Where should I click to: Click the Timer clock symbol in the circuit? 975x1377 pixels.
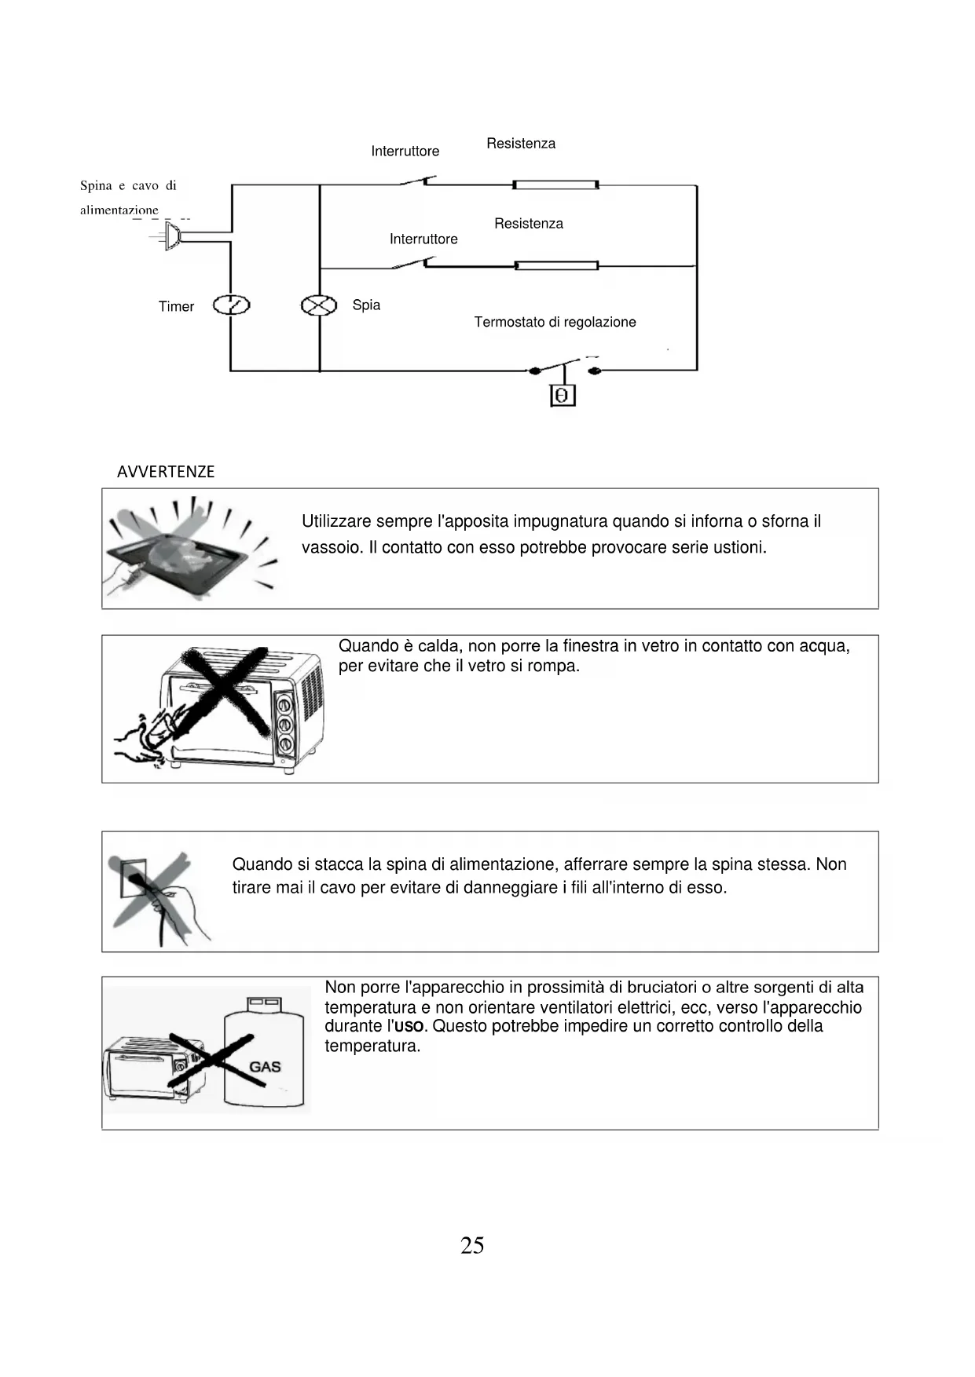point(232,305)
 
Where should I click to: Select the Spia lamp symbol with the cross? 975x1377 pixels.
point(319,305)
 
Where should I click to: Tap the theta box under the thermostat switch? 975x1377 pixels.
point(562,396)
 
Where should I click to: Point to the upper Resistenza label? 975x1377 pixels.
point(521,144)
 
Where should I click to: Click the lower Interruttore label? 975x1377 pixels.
point(423,239)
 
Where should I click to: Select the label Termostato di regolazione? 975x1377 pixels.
point(555,322)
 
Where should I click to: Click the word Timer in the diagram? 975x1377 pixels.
point(176,307)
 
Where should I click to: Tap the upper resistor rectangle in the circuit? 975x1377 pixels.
point(555,185)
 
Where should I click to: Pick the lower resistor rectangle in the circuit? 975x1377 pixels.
point(556,266)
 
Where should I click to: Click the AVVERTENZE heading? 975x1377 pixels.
point(166,472)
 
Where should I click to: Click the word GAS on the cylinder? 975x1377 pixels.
point(265,1067)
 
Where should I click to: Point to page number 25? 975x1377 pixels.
point(472,1246)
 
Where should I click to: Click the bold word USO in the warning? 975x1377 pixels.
point(409,1027)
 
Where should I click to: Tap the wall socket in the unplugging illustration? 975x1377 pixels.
point(130,875)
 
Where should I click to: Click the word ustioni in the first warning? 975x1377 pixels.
point(739,548)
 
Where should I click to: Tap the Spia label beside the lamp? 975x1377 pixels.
point(366,305)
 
